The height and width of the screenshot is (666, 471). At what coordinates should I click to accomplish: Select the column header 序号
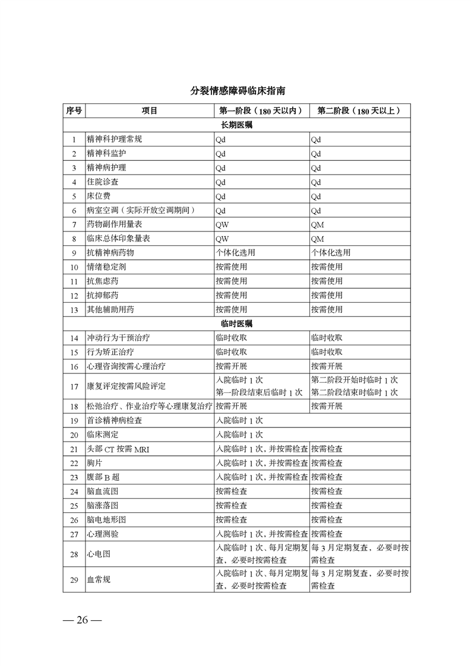[x=74, y=111]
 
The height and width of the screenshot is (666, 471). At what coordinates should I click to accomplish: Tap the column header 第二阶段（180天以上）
[x=359, y=111]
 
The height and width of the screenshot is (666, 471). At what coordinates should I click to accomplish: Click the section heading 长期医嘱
[x=236, y=125]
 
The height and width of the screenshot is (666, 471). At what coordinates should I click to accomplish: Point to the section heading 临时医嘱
[x=236, y=324]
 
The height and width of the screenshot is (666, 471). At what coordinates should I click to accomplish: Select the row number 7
[x=74, y=225]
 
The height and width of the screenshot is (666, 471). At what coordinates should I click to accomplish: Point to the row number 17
[x=74, y=386]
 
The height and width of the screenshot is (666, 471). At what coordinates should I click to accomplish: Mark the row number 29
[x=74, y=580]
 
